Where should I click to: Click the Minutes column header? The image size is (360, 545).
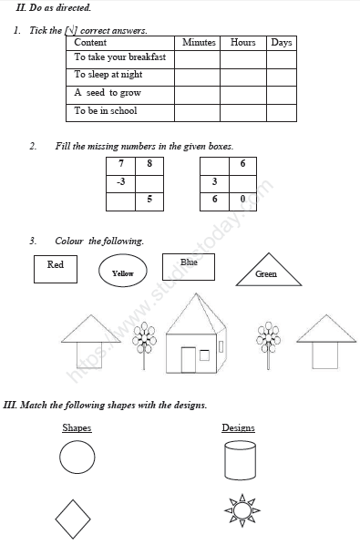tap(199, 43)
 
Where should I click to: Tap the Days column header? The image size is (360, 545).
tap(282, 43)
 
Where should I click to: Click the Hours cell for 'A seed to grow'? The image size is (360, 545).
tap(243, 94)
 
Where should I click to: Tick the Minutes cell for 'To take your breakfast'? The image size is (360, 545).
tap(199, 59)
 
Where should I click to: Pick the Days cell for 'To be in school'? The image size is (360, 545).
tap(282, 112)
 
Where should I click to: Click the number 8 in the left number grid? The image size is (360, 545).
tap(149, 164)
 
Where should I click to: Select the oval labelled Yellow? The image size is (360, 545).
tap(122, 272)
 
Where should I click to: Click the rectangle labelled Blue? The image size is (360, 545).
tap(189, 265)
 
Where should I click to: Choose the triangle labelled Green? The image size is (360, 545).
tap(266, 271)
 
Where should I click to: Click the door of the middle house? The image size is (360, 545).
tap(189, 359)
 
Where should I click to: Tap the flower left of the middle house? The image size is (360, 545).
tap(144, 340)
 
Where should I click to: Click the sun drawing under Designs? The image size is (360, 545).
tap(242, 511)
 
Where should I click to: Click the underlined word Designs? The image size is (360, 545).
tap(238, 428)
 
